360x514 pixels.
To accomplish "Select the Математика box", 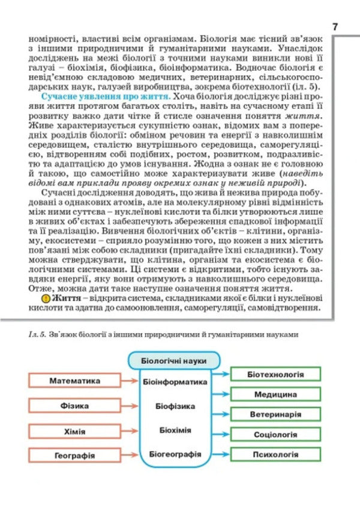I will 75,381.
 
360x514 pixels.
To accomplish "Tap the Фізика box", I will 75,405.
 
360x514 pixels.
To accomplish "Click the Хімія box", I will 75,431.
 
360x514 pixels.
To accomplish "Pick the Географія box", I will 75,455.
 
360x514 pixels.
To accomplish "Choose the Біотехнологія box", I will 275,374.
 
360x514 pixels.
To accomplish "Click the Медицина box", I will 275,395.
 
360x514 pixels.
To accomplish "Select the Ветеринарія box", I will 275,414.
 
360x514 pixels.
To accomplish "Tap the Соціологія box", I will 275,434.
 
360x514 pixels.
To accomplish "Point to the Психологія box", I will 275,454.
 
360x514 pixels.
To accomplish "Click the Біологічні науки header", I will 174,361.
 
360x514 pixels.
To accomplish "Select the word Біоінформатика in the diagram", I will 175,381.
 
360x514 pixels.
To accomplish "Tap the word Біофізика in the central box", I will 175,406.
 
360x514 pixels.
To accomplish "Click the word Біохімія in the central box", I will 175,430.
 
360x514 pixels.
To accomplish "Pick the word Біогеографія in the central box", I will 175,455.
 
